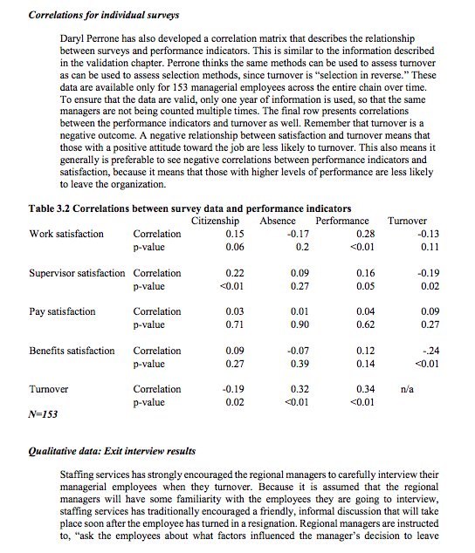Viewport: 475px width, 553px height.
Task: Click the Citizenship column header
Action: pyautogui.click(x=216, y=221)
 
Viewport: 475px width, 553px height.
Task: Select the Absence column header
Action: pyautogui.click(x=278, y=221)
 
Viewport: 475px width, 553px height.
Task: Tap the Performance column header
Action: pyautogui.click(x=342, y=221)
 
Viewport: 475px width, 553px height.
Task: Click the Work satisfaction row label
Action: pyautogui.click(x=66, y=234)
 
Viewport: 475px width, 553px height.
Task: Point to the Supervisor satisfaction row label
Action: pyautogui.click(x=77, y=273)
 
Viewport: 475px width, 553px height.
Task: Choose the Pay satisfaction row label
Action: pyautogui.click(x=63, y=311)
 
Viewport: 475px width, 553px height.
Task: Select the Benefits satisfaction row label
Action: pyautogui.click(x=72, y=351)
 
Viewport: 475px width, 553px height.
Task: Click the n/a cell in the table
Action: pyautogui.click(x=407, y=389)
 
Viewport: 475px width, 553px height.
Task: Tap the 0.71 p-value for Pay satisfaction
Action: pyautogui.click(x=233, y=324)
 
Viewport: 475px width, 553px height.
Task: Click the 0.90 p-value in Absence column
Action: pyautogui.click(x=299, y=324)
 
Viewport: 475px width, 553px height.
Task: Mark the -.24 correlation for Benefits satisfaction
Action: pyautogui.click(x=427, y=351)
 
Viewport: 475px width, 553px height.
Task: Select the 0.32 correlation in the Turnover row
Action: pyautogui.click(x=299, y=389)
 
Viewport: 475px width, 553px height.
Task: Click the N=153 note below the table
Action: pyautogui.click(x=43, y=415)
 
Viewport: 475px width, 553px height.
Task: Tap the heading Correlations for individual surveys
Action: pyautogui.click(x=105, y=15)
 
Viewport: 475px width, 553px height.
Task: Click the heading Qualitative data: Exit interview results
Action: pyautogui.click(x=113, y=451)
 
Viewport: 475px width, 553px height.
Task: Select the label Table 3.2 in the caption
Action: pyautogui.click(x=54, y=208)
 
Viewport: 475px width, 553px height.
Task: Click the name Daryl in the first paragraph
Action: pyautogui.click(x=73, y=41)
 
